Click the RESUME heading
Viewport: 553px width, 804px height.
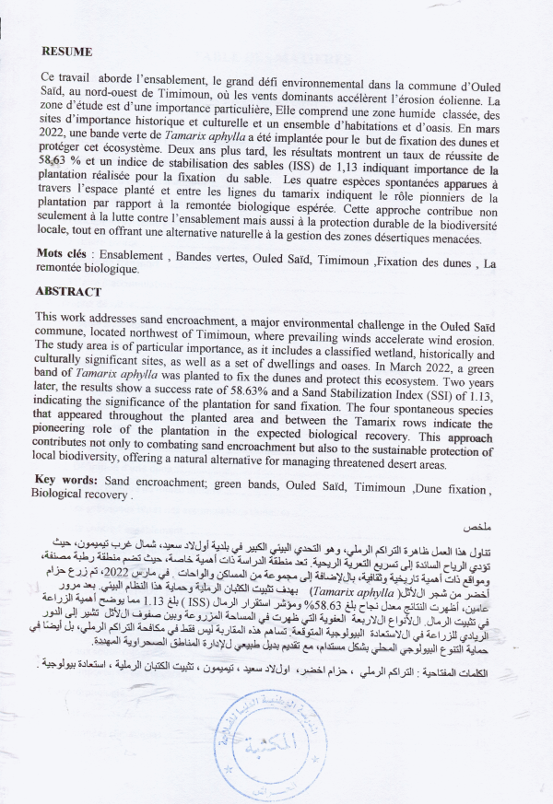(67, 52)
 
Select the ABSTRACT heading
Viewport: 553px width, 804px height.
(68, 291)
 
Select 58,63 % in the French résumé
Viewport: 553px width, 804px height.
(57, 159)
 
